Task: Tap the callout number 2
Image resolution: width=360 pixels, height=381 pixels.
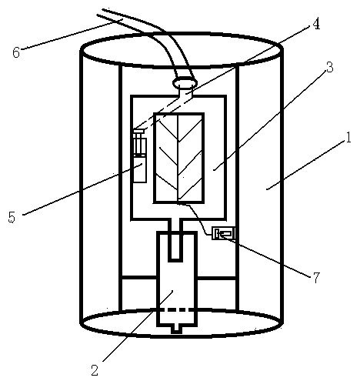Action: (x=95, y=370)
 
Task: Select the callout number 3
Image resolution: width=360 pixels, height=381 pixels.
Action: (x=329, y=67)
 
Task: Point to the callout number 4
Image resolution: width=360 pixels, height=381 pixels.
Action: (x=316, y=24)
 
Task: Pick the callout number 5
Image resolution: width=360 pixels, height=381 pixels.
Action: (x=12, y=217)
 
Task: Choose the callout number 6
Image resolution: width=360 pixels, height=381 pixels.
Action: (x=16, y=52)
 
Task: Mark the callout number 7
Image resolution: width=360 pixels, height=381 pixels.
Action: (x=316, y=277)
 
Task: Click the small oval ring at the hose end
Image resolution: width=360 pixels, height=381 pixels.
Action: (x=185, y=82)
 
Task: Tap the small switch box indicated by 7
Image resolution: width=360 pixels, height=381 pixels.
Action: (x=223, y=233)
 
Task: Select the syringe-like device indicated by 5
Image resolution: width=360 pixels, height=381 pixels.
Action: (x=140, y=156)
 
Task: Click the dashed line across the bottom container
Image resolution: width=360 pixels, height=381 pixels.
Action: (x=177, y=310)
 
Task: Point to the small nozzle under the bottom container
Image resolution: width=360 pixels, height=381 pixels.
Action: (x=176, y=329)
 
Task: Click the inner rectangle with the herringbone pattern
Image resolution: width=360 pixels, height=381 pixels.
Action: (x=178, y=158)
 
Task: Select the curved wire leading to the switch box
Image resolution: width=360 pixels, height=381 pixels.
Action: (x=198, y=219)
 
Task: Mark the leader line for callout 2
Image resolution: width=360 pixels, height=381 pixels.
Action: (x=138, y=326)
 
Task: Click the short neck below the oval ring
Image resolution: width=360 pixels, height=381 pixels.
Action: (x=185, y=92)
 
